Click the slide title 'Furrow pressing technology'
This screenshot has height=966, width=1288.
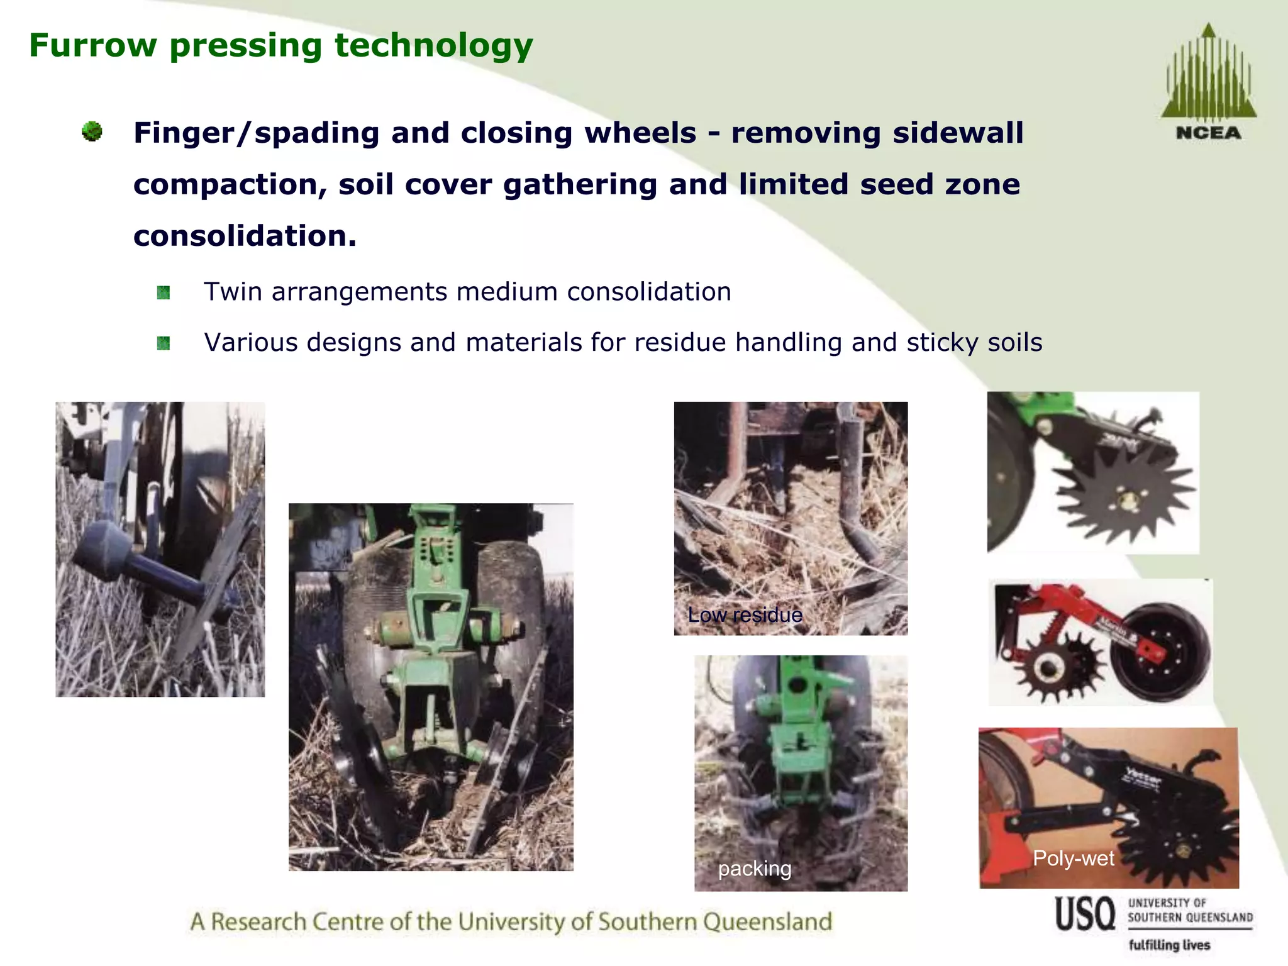(x=280, y=45)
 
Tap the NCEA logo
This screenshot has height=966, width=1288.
(x=1208, y=82)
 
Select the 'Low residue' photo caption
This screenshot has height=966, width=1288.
(x=745, y=614)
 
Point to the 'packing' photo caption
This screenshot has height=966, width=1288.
(x=755, y=869)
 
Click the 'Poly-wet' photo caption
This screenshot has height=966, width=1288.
(x=1073, y=858)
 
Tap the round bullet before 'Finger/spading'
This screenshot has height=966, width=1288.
(x=92, y=131)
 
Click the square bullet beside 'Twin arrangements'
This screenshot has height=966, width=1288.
(x=164, y=292)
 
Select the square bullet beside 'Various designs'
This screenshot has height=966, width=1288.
(x=164, y=343)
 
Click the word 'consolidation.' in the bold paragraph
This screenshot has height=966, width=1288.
(x=245, y=236)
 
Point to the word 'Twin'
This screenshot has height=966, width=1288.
(x=233, y=292)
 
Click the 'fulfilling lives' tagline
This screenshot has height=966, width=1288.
(x=1169, y=945)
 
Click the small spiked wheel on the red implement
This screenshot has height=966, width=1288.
(x=1048, y=668)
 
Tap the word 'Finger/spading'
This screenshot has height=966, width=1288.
(x=256, y=133)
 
